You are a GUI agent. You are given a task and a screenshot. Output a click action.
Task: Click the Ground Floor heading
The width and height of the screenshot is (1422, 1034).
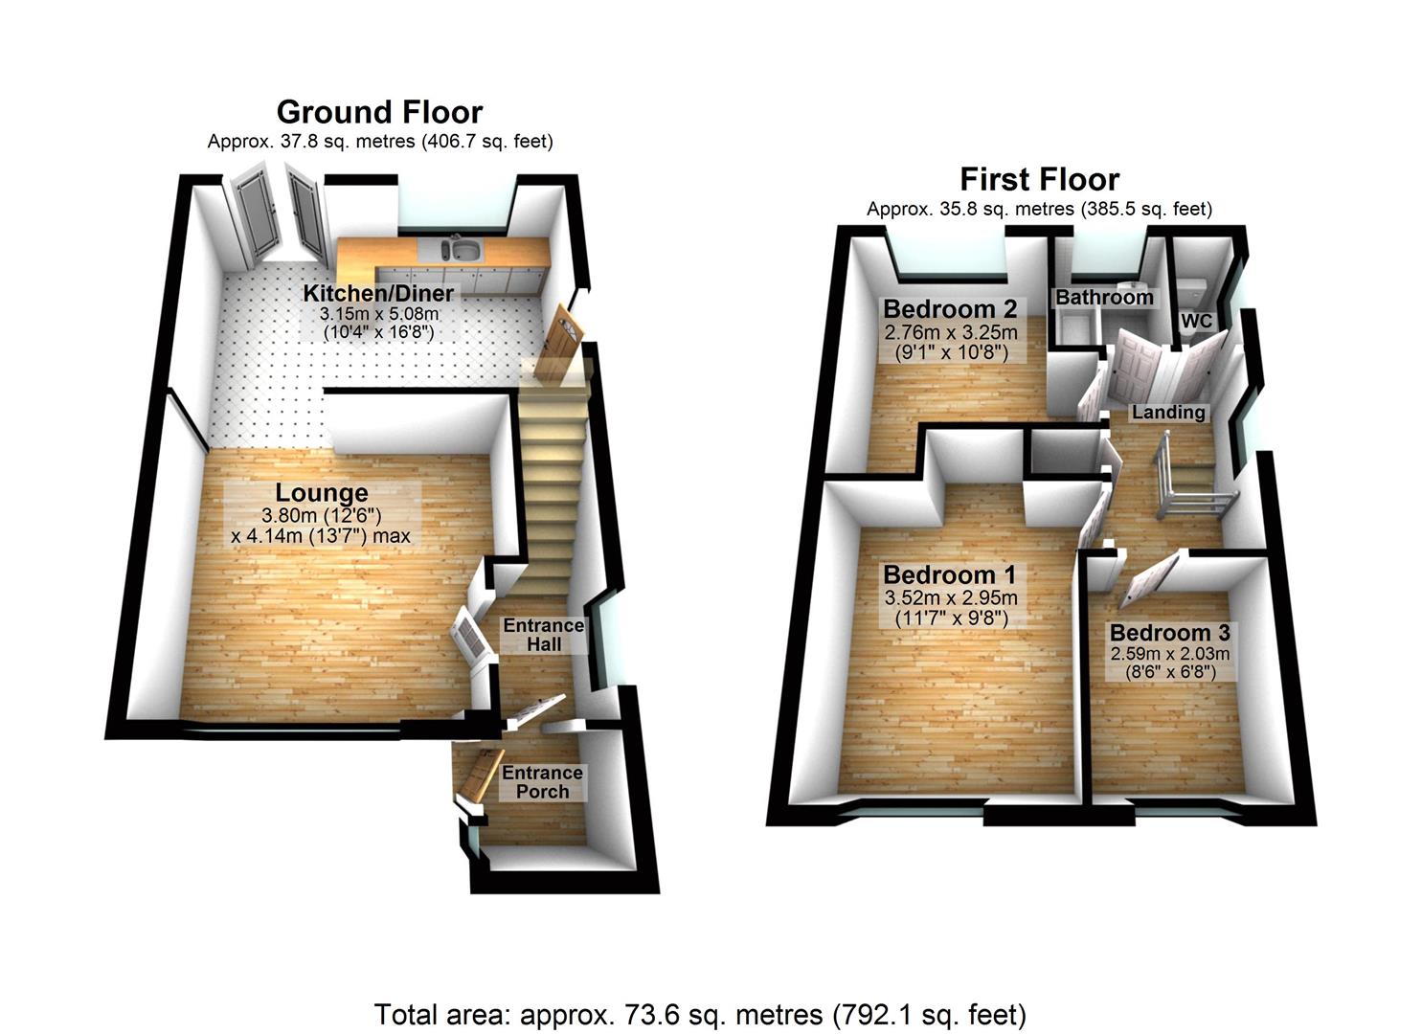tap(379, 112)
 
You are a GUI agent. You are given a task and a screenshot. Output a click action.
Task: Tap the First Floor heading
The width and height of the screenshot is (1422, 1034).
tap(1039, 179)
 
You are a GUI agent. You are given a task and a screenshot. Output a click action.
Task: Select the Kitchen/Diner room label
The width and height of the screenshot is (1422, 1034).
tap(378, 293)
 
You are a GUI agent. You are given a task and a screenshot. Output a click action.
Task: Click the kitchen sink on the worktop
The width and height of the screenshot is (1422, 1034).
tap(463, 251)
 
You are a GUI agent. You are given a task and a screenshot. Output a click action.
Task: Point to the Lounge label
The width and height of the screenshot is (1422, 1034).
tap(322, 493)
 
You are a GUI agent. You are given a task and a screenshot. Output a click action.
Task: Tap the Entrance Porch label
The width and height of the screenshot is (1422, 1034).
tap(542, 782)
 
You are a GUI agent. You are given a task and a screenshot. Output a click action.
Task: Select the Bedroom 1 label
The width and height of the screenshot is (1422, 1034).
tap(949, 575)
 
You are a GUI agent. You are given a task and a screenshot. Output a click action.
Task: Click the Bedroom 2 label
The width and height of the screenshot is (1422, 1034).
tap(949, 309)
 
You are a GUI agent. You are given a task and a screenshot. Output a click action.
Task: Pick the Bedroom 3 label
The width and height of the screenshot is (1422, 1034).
tap(1169, 633)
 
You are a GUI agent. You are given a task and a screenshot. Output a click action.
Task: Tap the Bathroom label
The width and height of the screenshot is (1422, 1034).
tap(1104, 298)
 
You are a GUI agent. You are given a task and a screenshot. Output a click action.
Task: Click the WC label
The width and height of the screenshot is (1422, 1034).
tap(1196, 322)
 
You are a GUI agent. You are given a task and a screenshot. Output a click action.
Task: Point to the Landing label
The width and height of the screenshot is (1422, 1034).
tap(1167, 413)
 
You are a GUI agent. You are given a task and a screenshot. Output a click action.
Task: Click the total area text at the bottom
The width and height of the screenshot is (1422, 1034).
tap(700, 1014)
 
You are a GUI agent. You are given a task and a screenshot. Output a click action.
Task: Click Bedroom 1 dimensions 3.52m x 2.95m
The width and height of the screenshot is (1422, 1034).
tap(949, 598)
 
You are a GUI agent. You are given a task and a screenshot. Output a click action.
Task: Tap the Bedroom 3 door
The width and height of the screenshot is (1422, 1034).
tap(1146, 580)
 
